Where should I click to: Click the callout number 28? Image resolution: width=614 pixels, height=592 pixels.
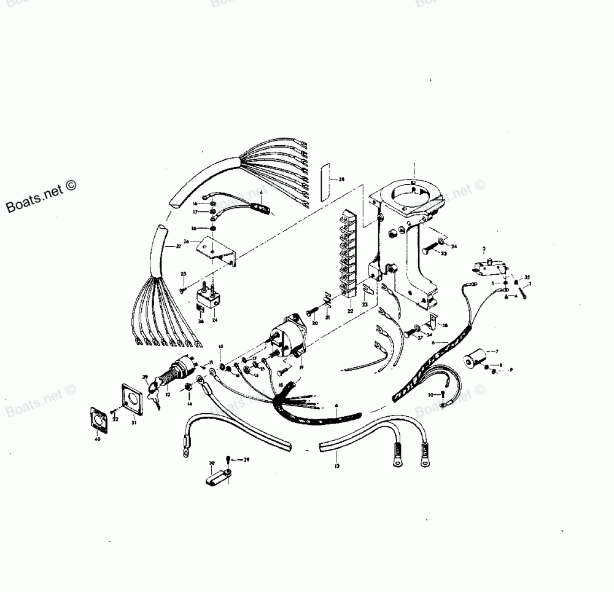(x=341, y=179)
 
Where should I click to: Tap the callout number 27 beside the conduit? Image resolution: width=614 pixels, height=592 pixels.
(x=179, y=246)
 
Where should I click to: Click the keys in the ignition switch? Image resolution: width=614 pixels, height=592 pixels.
(x=153, y=389)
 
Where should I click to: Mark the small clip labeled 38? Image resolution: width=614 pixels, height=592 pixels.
(x=434, y=320)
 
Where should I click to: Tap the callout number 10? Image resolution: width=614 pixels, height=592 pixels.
(x=431, y=394)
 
